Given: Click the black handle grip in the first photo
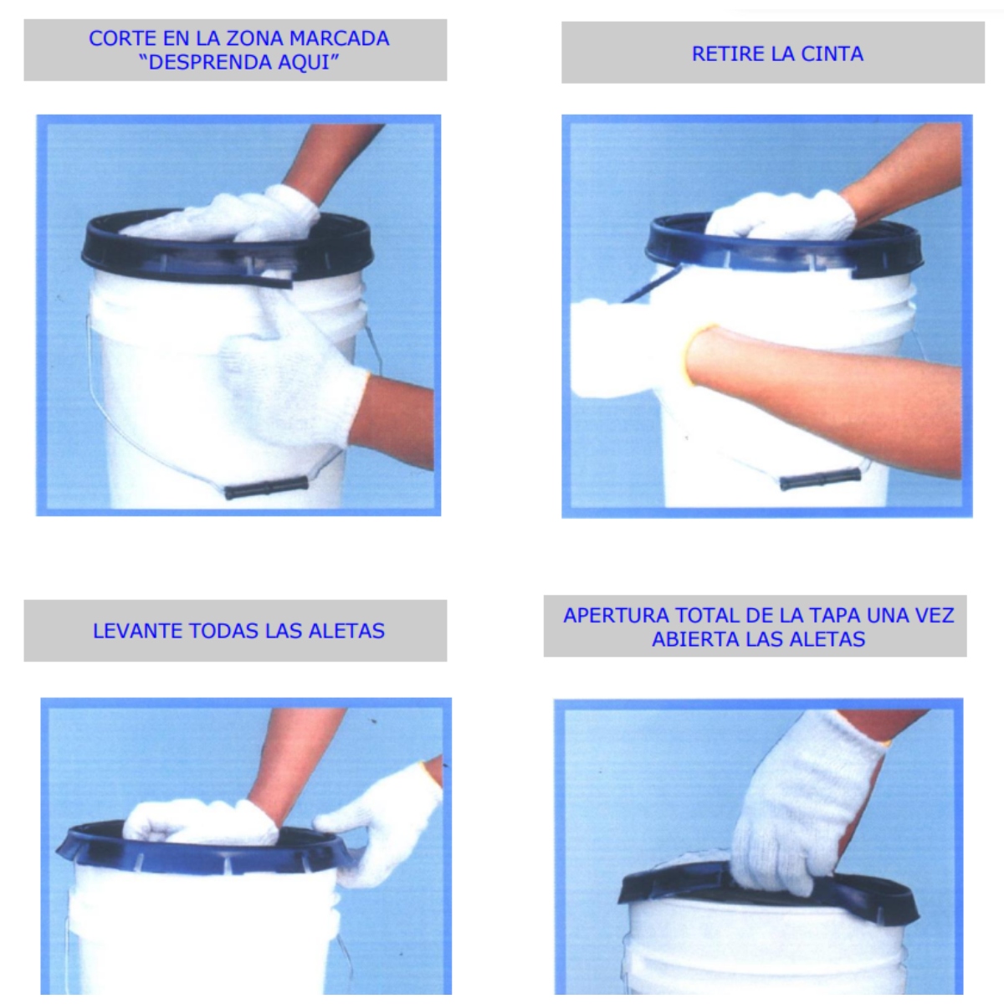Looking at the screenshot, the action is coord(266,487).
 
